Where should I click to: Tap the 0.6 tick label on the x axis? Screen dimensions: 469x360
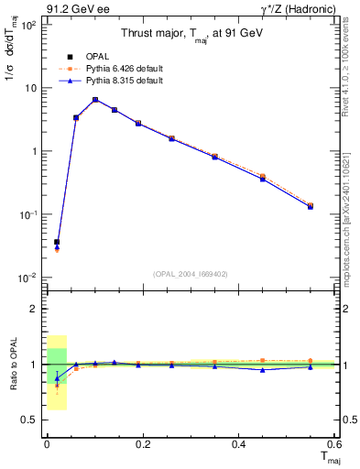(334, 444)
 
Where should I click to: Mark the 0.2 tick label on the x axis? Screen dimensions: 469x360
(142, 444)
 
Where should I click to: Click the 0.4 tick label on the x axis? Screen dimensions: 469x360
(238, 444)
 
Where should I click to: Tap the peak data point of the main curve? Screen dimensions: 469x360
(94, 99)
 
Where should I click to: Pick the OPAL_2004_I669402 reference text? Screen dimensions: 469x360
(191, 272)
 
